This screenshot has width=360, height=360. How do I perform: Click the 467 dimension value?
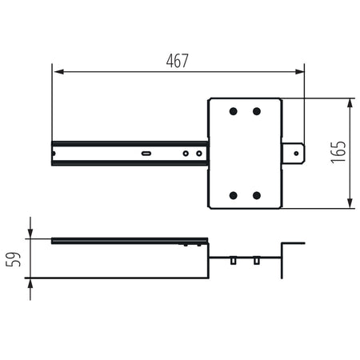pos(178,61)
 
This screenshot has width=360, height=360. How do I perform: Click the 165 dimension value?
pos(338,152)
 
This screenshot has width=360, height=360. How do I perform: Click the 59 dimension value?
pos(13,259)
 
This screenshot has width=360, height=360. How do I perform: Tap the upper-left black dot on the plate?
pos(234,111)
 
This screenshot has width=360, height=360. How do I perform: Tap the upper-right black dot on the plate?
pos(257,111)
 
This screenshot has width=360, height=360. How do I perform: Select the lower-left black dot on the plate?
pos(234,195)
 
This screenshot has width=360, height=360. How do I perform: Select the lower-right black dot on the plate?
pos(257,195)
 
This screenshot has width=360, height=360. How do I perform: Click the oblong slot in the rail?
pos(146,154)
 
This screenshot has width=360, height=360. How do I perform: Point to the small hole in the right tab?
pos(296,154)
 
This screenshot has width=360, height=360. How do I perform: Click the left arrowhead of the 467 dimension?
pos(58,71)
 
